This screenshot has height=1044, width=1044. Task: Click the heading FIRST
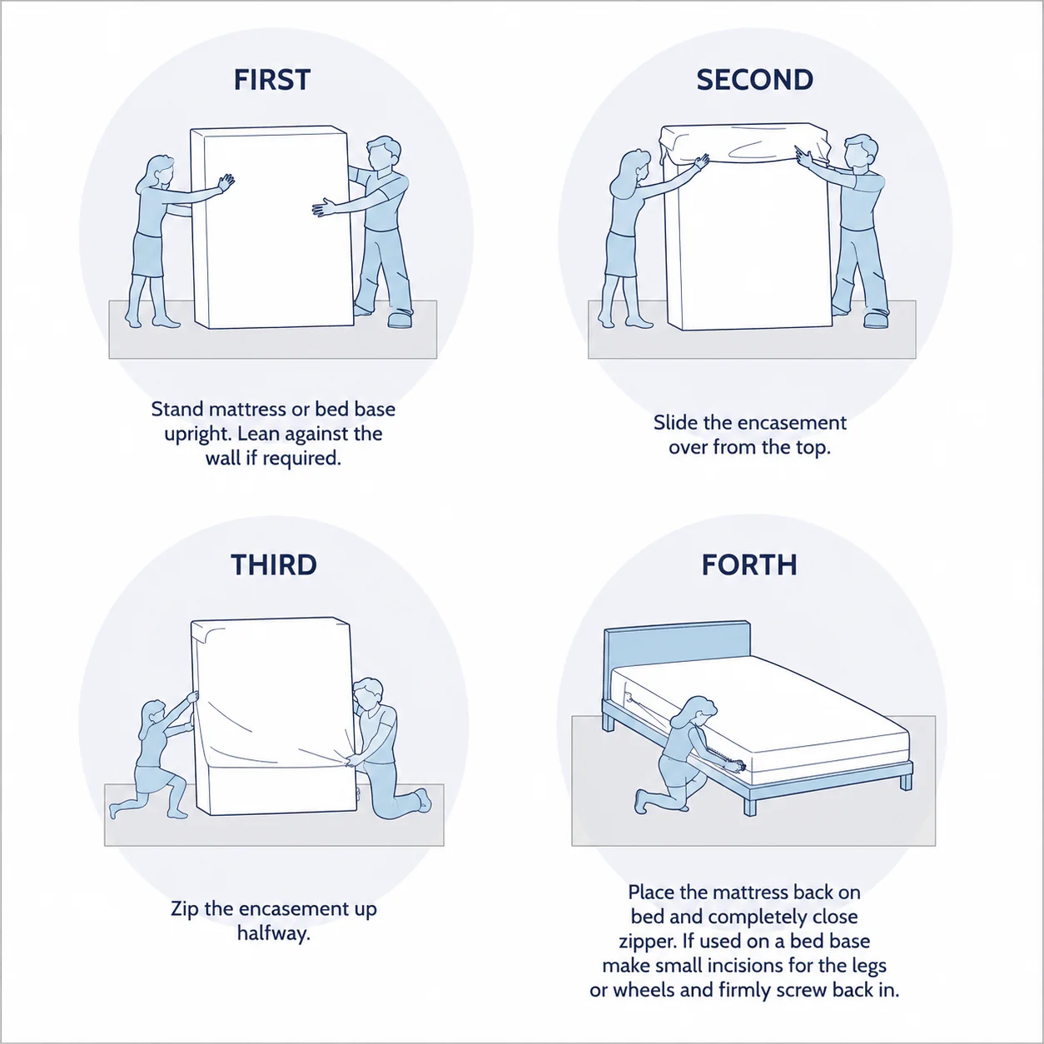(272, 80)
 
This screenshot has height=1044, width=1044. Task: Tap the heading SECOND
(754, 80)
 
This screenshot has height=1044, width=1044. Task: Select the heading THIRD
(274, 564)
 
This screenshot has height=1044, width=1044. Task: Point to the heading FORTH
(749, 564)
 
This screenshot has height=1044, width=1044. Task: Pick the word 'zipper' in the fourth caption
(648, 941)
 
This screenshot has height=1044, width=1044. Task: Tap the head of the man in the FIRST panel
(383, 153)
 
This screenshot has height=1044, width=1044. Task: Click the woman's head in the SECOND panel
(632, 168)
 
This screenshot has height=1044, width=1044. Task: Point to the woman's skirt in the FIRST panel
(148, 255)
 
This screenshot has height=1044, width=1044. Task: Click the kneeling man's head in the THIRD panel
(369, 695)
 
